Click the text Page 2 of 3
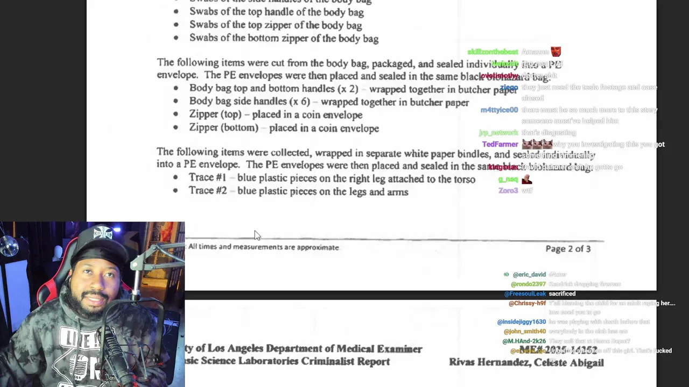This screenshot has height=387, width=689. coord(568,249)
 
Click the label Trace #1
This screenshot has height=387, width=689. coord(207,178)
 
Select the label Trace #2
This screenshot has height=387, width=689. coord(207,191)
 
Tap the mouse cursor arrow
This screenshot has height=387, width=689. coord(257,235)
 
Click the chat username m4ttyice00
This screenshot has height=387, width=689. coord(499,110)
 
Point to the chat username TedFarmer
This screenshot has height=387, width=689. coord(500,145)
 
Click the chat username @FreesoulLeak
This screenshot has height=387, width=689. coord(525,294)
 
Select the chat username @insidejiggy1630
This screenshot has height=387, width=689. coord(521,322)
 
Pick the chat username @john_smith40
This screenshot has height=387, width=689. coord(524,332)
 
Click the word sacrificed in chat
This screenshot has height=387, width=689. coord(562,294)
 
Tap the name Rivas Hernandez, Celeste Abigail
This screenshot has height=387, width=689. coord(526,363)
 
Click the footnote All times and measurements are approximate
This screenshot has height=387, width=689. coord(263,247)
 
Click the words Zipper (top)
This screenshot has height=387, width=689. coord(215,114)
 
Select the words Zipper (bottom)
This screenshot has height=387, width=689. coord(223,128)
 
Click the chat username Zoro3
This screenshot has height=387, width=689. coord(508,191)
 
